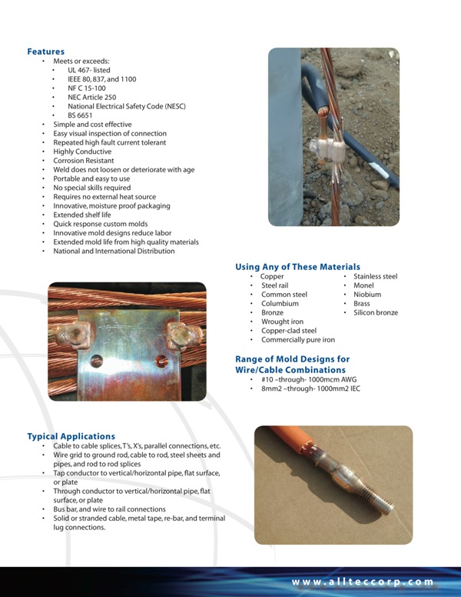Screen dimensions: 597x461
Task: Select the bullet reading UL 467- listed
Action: [x=88, y=70]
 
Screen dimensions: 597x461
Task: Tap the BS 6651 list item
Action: [x=80, y=115]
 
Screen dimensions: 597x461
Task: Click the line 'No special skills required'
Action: [x=91, y=188]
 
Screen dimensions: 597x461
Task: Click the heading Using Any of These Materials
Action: [x=297, y=267]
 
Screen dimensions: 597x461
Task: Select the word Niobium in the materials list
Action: [x=367, y=295]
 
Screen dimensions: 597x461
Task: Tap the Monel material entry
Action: [x=363, y=285]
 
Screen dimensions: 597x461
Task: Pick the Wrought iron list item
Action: [x=282, y=322]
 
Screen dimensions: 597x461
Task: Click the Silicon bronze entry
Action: [x=376, y=313]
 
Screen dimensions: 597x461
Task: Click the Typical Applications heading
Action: [x=71, y=436]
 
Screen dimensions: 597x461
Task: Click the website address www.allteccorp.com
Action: [x=363, y=582]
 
